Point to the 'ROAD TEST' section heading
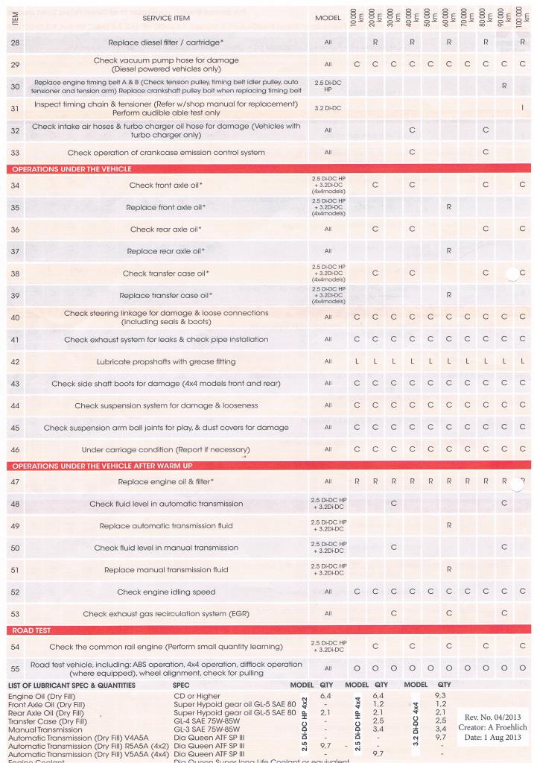pos(33,630)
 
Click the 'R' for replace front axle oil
pos(448,206)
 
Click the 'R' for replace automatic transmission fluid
pos(448,525)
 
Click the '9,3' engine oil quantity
pos(439,694)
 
